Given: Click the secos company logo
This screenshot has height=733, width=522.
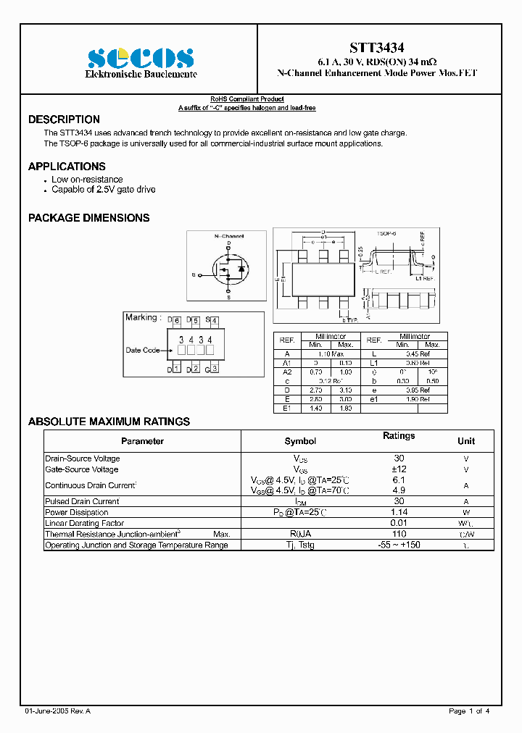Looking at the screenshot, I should [x=141, y=58].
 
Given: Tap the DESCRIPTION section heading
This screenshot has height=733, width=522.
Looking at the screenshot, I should [x=64, y=120].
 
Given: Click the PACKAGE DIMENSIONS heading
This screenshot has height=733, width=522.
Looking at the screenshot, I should [x=88, y=218].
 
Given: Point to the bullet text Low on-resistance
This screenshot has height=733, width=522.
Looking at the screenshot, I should [x=87, y=180].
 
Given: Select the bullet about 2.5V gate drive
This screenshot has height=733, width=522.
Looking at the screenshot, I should [x=103, y=190].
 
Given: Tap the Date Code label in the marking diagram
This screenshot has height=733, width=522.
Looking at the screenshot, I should [x=142, y=351].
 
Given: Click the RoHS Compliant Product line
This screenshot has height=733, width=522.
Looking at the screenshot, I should [x=247, y=99].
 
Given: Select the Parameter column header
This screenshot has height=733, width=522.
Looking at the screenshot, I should [x=142, y=441].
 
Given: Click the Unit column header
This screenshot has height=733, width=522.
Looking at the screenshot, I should [x=466, y=441].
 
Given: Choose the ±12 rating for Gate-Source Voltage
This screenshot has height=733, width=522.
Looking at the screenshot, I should [x=399, y=469].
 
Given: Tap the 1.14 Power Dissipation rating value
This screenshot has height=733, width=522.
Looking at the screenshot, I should [x=399, y=512].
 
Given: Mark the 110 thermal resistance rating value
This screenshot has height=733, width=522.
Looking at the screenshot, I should [x=399, y=534].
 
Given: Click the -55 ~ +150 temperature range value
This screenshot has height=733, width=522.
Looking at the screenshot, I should [x=399, y=545].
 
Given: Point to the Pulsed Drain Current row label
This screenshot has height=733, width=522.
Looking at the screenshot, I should [x=82, y=501].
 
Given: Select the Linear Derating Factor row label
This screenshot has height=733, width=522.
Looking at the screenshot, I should [x=84, y=523].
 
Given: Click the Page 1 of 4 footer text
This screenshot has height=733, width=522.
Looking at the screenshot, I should [x=469, y=711].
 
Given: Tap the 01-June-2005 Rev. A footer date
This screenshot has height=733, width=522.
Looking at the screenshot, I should [x=57, y=711].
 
